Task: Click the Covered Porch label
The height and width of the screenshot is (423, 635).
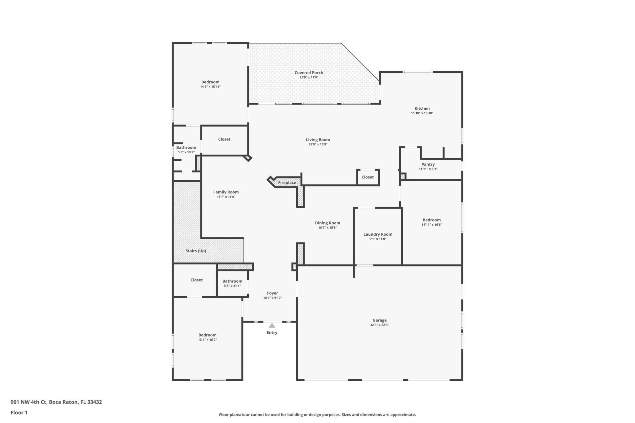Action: [309, 73]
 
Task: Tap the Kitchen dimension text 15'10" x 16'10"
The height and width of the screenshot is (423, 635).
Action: [422, 113]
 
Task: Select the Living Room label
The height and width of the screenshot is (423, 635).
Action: [318, 140]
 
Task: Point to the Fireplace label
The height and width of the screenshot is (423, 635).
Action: [287, 183]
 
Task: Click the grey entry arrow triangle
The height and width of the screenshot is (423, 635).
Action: [272, 326]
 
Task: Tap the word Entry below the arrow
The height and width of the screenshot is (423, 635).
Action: [272, 333]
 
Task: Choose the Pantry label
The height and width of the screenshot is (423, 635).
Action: [428, 164]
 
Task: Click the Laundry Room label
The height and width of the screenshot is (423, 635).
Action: [378, 234]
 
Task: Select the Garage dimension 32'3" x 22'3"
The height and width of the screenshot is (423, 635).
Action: [379, 325]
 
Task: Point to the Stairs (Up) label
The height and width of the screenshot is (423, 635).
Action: [196, 251]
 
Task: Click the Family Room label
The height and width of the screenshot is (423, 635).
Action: [226, 192]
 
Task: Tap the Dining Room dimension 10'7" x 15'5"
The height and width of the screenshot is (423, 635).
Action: [327, 228]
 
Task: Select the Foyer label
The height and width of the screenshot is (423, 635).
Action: [273, 293]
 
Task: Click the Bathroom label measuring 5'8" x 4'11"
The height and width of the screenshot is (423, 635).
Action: [232, 281]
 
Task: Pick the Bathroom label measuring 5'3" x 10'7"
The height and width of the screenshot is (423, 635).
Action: [186, 148]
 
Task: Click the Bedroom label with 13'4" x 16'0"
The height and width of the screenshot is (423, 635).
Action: [207, 335]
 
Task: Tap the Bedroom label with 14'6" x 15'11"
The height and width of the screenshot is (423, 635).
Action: [210, 82]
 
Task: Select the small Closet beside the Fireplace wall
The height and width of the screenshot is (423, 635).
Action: [367, 177]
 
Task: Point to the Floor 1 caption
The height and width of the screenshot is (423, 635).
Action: [19, 412]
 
